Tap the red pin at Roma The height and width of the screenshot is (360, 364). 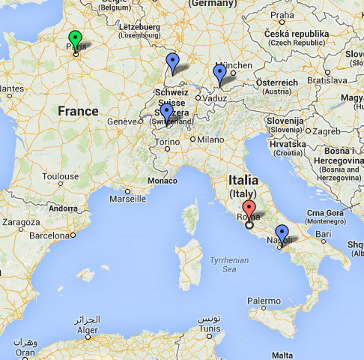click(249, 209)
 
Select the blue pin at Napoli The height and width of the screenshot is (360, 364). click(282, 232)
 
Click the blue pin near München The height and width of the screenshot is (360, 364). click(219, 71)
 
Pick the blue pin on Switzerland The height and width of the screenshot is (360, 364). click(166, 111)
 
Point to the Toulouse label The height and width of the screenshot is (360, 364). click(61, 177)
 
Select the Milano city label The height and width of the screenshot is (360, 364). click(210, 139)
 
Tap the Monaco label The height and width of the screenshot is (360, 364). click(163, 181)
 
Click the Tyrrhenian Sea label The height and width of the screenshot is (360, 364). click(228, 263)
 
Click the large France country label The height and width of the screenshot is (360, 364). click(78, 111)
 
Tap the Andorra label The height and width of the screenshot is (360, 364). click(62, 208)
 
